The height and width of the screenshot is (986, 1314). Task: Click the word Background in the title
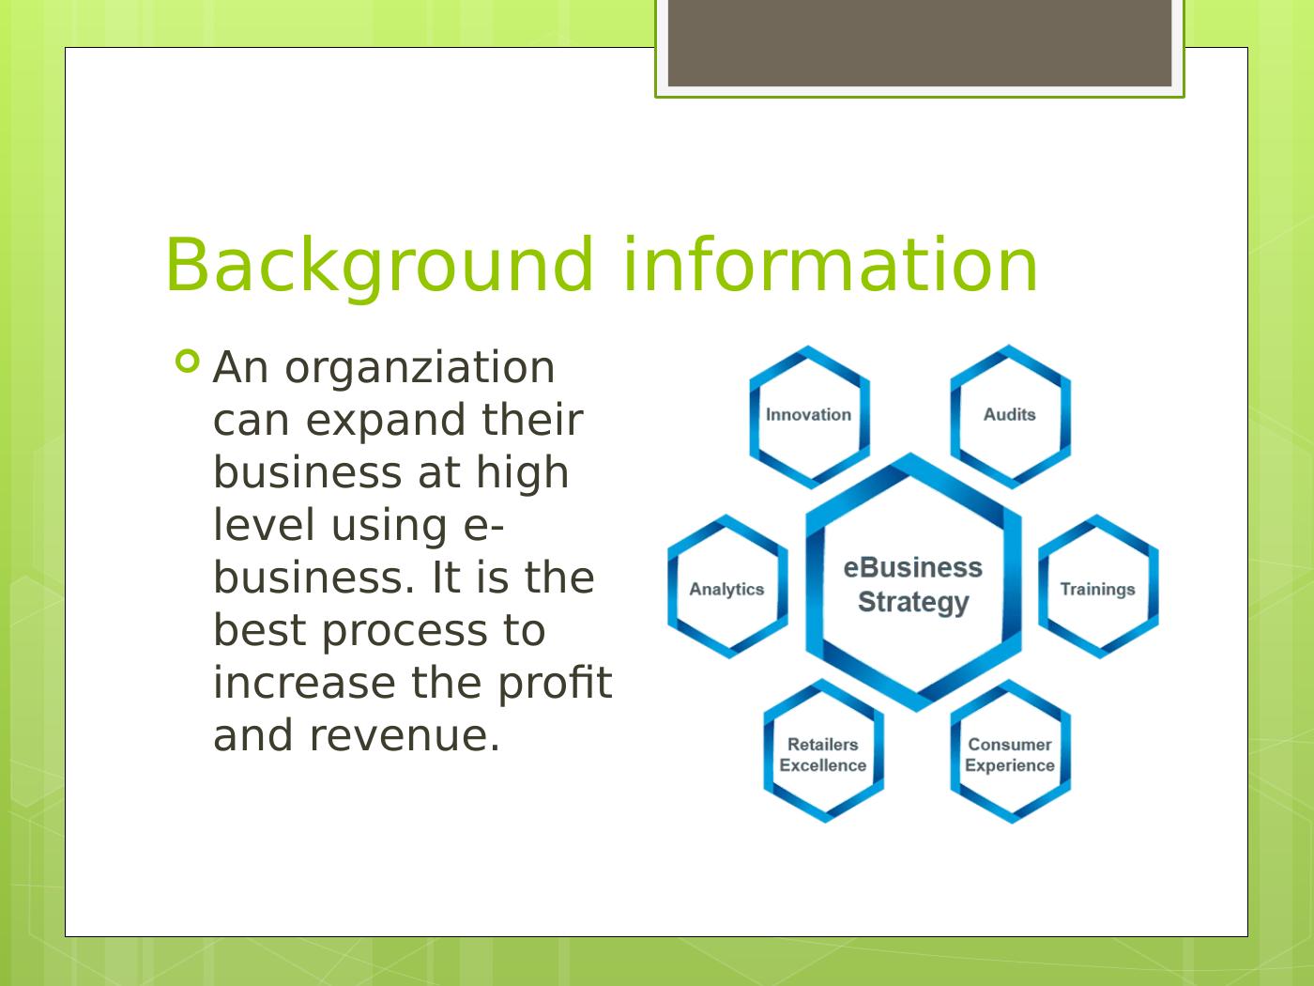[x=379, y=266]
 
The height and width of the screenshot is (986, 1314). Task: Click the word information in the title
[x=830, y=266]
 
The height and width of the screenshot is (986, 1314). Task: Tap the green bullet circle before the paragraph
[x=188, y=361]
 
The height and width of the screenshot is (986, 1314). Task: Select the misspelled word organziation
[x=420, y=368]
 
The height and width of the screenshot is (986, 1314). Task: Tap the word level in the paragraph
[x=264, y=525]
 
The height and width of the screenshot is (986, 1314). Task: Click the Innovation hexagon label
[x=808, y=415]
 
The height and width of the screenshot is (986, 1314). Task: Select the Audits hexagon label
[x=1009, y=415]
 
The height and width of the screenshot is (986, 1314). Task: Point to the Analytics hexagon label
[x=726, y=590]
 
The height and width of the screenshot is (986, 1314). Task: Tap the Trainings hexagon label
[x=1097, y=590]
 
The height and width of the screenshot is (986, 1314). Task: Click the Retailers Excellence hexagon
[x=822, y=755]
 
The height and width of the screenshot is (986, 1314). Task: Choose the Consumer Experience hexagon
[x=1009, y=755]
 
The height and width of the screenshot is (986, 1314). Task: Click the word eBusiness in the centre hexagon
[x=912, y=568]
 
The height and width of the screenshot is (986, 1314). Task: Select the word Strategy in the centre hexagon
[x=912, y=602]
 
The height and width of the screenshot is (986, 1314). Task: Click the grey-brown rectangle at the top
[x=920, y=42]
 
